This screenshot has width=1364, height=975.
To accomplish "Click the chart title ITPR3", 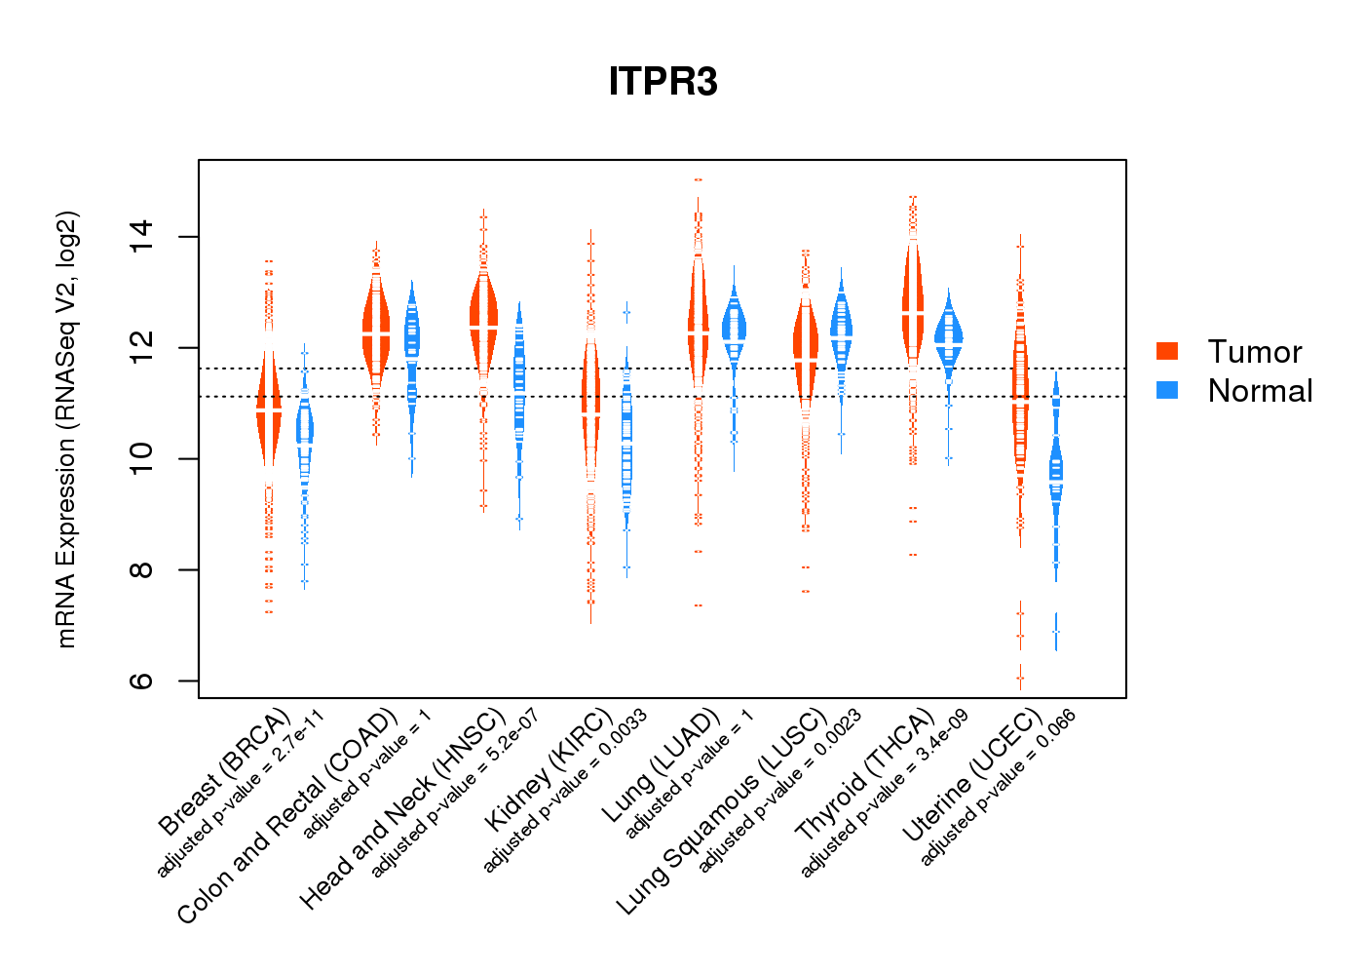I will [x=663, y=82].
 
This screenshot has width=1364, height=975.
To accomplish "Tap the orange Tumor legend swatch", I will [x=1167, y=351].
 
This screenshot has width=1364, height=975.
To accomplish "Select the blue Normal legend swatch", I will [x=1167, y=390].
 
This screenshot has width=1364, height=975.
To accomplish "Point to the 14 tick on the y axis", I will [x=142, y=237].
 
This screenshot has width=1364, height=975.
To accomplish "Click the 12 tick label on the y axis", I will [x=142, y=348].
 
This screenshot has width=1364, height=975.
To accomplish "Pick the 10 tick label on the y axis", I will [x=142, y=458].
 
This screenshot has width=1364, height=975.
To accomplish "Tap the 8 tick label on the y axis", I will [x=142, y=569].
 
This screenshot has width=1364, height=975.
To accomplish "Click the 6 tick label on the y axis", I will [x=142, y=681].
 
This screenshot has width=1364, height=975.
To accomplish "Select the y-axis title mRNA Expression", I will [x=66, y=429].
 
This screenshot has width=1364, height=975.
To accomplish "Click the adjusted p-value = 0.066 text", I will [x=998, y=788].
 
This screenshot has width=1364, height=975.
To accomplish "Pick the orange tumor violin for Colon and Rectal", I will [x=376, y=327].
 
